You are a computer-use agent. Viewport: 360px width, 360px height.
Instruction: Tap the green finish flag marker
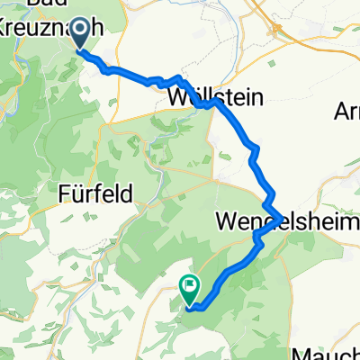190,288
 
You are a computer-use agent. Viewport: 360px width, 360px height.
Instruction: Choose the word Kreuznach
45,28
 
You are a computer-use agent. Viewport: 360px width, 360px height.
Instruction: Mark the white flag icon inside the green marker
190,287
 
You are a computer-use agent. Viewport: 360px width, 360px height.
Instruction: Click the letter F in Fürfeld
63,192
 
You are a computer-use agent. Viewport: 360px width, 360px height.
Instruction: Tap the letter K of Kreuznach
8,28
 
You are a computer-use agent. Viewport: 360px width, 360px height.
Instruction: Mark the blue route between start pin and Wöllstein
135,77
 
